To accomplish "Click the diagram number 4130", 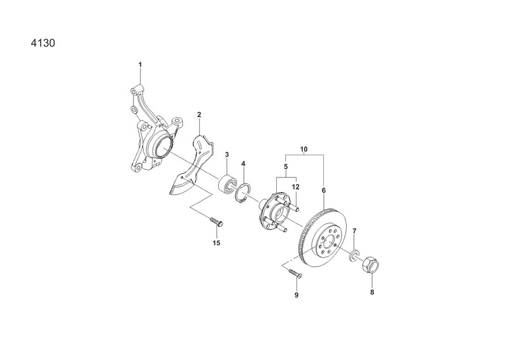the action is [43, 43].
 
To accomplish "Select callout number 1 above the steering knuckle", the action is [140, 65].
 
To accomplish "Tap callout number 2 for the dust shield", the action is [199, 114].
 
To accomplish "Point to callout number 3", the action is [227, 155].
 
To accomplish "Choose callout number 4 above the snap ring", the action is [243, 164].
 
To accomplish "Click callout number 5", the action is [286, 167].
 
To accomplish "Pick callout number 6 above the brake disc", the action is [324, 190].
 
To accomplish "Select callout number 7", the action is [354, 231].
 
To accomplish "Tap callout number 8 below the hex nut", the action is [372, 292].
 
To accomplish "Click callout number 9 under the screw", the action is [296, 295].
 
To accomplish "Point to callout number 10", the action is [304, 149].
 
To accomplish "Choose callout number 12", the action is [295, 187].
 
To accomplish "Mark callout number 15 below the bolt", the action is [216, 243].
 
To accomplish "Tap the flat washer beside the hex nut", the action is [353, 255].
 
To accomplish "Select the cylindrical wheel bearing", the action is [227, 184].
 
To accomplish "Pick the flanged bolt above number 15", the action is [218, 221].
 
